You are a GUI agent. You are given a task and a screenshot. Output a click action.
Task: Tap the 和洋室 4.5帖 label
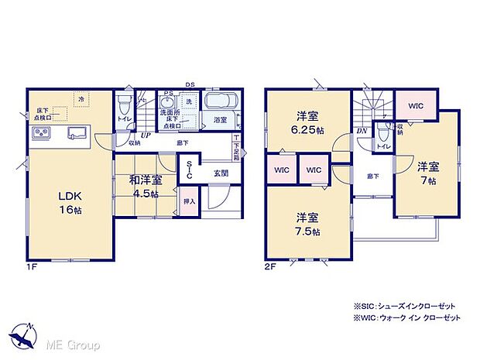pos(146,186)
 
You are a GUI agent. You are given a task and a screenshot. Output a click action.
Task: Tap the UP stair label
pos(145,133)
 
